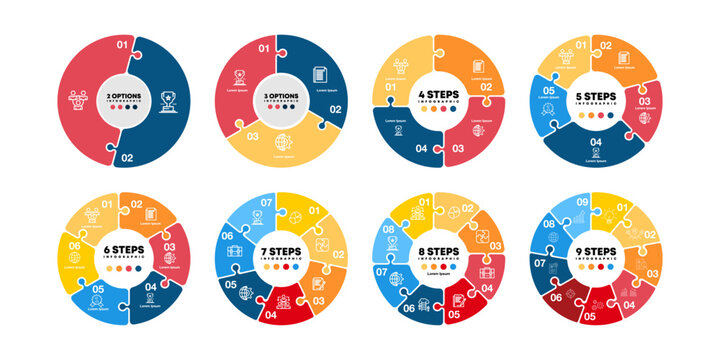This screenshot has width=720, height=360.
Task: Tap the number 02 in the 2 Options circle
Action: tap(127, 157)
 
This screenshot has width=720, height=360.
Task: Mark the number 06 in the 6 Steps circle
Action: tap(74, 245)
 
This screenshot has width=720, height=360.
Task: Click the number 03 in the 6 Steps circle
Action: tap(169, 246)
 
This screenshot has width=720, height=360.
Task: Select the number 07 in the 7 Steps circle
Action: tap(265, 203)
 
